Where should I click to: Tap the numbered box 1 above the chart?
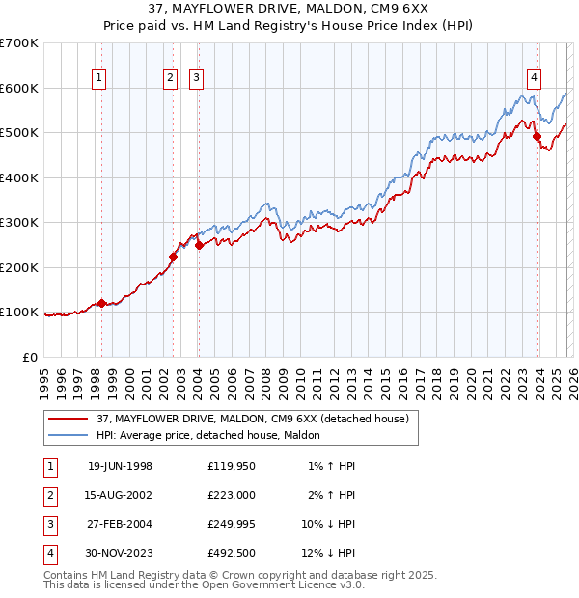pyautogui.click(x=101, y=79)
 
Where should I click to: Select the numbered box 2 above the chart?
pyautogui.click(x=171, y=79)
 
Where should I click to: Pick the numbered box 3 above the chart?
pyautogui.click(x=196, y=79)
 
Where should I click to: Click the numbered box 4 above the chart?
pyautogui.click(x=534, y=79)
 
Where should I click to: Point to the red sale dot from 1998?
pyautogui.click(x=101, y=304)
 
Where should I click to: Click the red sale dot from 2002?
pyautogui.click(x=173, y=257)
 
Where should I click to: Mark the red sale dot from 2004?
pyautogui.click(x=199, y=245)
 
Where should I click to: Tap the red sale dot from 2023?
pyautogui.click(x=537, y=136)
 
